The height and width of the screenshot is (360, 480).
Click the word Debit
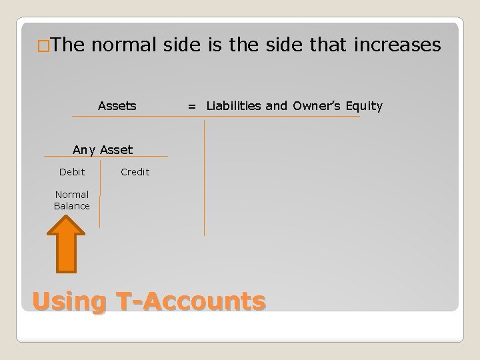click(x=72, y=172)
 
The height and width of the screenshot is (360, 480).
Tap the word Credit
click(x=135, y=172)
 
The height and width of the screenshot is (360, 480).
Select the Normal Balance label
click(x=72, y=201)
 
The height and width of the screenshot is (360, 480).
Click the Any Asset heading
click(x=103, y=150)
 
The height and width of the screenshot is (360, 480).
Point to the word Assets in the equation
click(x=117, y=105)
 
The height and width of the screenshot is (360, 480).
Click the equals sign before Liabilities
click(x=192, y=105)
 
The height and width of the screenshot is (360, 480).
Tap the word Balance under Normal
click(x=72, y=206)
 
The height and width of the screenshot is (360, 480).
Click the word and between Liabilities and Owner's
click(x=276, y=105)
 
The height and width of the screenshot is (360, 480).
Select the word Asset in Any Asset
click(x=117, y=150)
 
